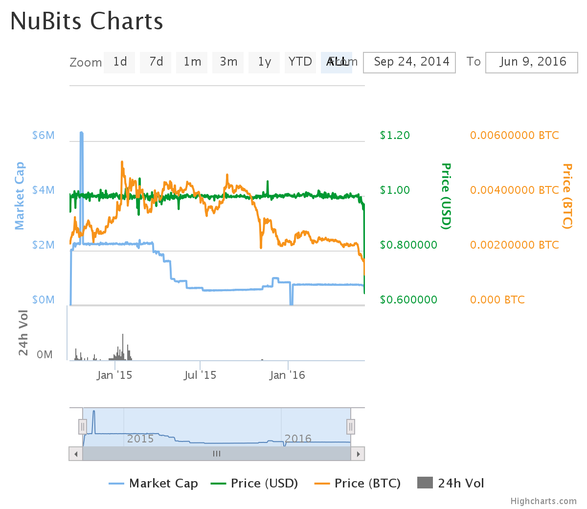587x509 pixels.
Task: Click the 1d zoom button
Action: coord(119,62)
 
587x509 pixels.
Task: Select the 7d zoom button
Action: coord(156,62)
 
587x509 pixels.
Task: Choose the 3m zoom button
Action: coord(228,62)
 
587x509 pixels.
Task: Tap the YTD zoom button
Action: coord(300,62)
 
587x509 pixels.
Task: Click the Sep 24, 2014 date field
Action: coord(409,63)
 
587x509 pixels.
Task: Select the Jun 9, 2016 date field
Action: coord(532,63)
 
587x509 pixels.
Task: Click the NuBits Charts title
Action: coord(87,22)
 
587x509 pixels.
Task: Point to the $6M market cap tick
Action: coord(44,136)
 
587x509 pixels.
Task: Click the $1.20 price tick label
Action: coord(395,136)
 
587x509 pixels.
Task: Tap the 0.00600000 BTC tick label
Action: coord(514,136)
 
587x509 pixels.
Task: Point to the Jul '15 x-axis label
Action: coord(200,375)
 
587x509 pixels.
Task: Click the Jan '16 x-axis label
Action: coord(287,375)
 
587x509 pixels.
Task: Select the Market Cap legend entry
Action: coord(154,484)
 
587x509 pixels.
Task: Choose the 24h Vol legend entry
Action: coord(451,484)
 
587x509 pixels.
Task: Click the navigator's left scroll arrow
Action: coord(76,454)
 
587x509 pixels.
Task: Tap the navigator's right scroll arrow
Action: coord(358,454)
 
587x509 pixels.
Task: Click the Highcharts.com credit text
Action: coord(543,501)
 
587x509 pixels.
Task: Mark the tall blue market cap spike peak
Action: coord(81,133)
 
